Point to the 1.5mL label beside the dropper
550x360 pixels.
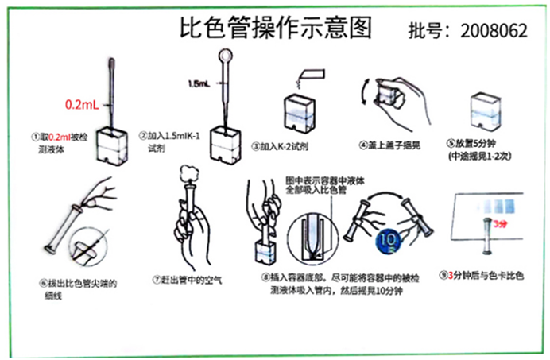(199, 83)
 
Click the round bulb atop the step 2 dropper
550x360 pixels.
(226, 58)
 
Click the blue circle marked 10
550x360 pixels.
(388, 238)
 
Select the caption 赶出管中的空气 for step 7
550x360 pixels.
(191, 279)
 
